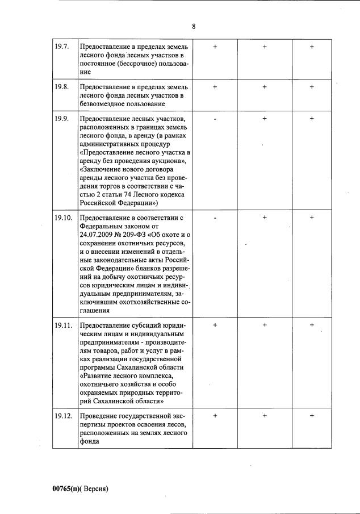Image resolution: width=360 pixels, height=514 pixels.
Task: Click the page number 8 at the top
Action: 194,26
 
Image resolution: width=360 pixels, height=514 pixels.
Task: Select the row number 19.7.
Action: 61,47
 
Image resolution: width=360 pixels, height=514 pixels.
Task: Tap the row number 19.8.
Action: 61,87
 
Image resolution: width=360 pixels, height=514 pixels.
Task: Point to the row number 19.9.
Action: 61,118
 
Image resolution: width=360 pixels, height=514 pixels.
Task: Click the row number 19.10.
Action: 63,218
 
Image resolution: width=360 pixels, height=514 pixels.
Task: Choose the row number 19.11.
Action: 63,325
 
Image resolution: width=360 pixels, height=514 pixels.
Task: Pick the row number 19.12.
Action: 63,416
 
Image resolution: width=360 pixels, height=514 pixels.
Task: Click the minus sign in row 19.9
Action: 215,119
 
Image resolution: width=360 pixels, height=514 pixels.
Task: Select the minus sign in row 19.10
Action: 215,218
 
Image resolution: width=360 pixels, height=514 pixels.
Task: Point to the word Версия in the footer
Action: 94,488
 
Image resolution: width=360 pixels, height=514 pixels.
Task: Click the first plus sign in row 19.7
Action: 215,47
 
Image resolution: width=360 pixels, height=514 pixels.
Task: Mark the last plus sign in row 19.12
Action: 312,416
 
